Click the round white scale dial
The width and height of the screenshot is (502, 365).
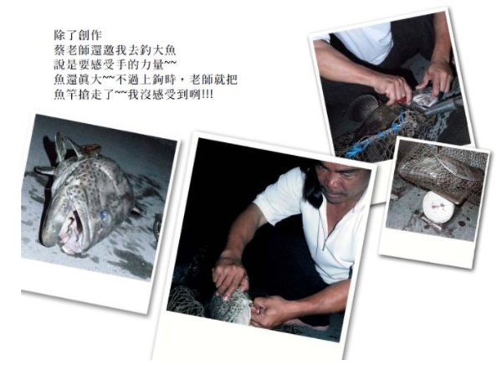tap(438, 204)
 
